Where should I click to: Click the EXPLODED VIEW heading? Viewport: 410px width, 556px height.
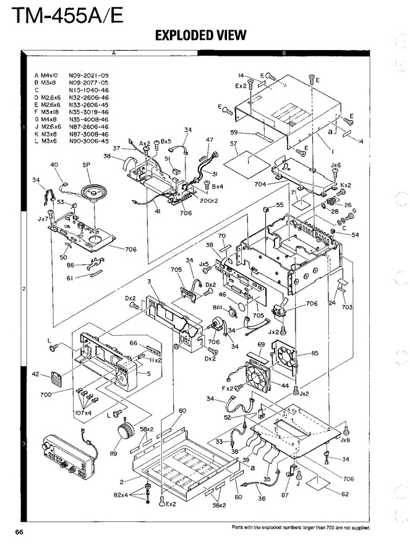point(200,35)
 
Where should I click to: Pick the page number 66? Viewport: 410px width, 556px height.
point(12,532)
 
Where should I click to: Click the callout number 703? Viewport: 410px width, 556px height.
point(347,306)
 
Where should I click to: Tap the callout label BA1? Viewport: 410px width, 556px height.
point(218,307)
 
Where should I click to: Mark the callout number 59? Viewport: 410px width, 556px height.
point(234,132)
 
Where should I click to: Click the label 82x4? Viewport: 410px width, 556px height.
point(121,495)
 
